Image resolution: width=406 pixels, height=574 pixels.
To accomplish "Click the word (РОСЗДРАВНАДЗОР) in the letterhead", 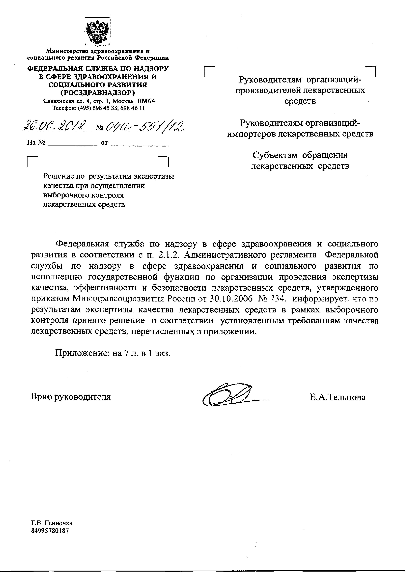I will [x=98, y=93].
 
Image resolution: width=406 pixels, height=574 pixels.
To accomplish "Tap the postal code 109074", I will [x=146, y=101].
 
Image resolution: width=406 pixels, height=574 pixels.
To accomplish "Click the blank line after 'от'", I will [x=139, y=145].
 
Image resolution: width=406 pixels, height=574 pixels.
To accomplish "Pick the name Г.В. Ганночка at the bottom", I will [x=52, y=523].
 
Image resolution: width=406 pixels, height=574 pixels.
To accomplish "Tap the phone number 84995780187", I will [x=50, y=530].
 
